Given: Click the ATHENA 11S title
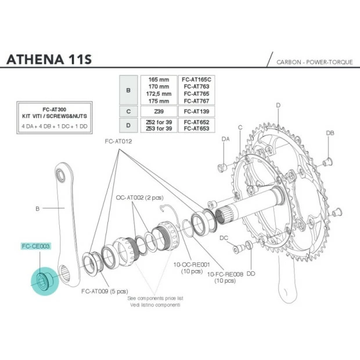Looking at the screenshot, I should click(48, 61).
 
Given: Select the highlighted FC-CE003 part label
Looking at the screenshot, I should click(36, 246).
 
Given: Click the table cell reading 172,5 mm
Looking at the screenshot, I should click(158, 93).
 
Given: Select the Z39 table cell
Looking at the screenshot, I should click(158, 110).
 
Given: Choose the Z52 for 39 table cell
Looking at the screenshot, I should click(158, 121).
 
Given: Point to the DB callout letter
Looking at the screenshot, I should click(330, 133).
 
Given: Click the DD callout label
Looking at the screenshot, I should click(251, 273).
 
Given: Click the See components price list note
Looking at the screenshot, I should click(156, 297).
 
